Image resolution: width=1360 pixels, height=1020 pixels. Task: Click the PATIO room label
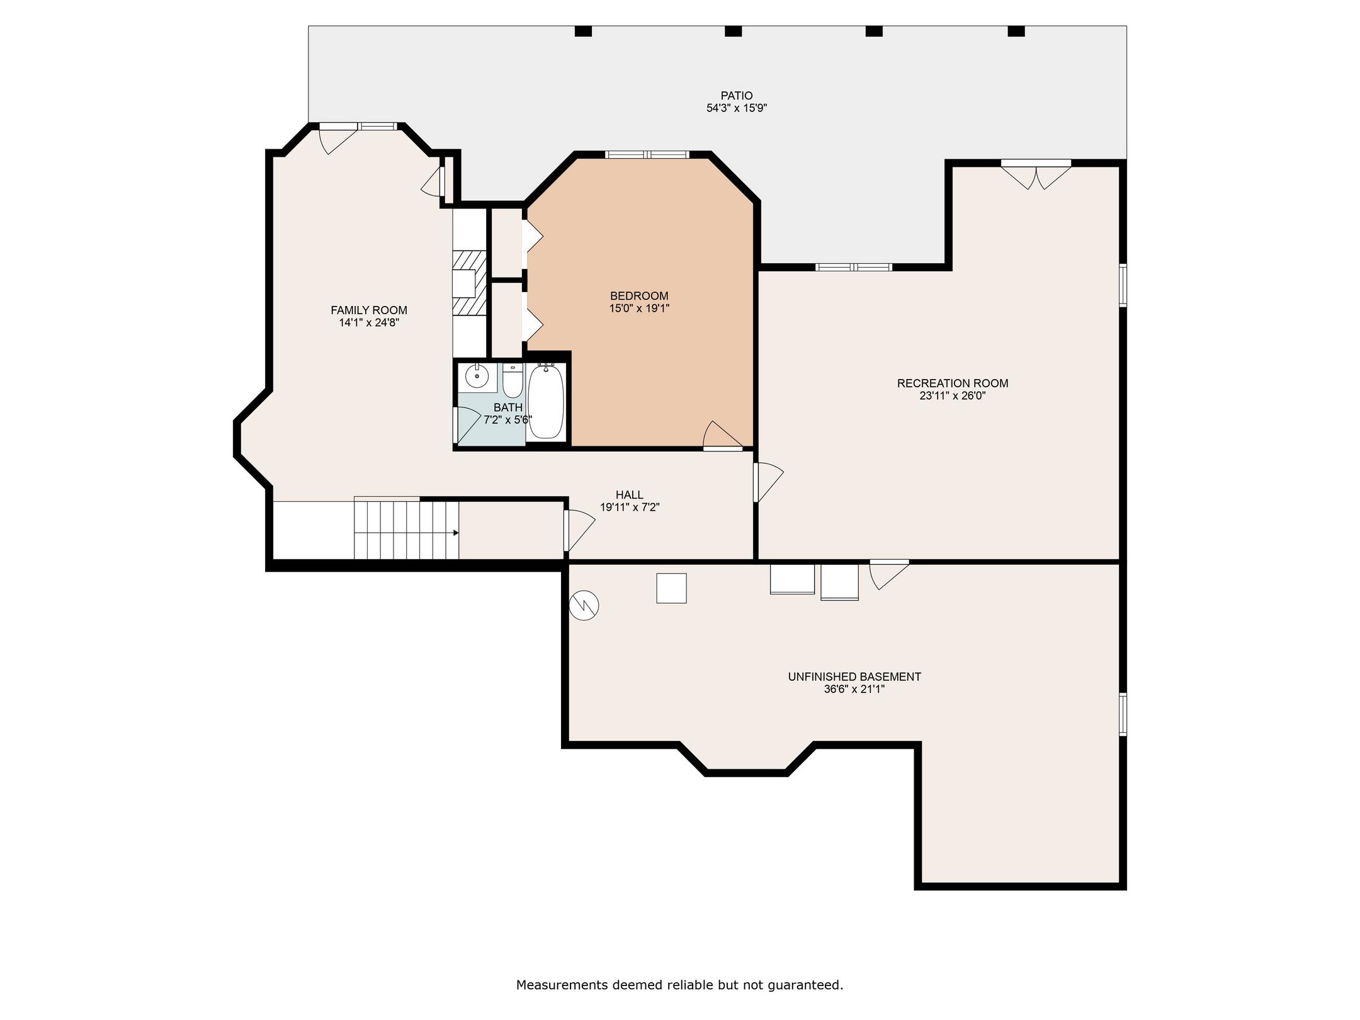[x=736, y=96]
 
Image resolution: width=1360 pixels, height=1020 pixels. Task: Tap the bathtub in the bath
[x=545, y=402]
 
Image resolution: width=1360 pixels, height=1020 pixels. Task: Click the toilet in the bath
[x=513, y=380]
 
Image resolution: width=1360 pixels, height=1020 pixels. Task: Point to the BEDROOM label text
[x=639, y=296]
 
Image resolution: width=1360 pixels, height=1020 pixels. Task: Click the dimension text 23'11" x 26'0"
[x=952, y=396]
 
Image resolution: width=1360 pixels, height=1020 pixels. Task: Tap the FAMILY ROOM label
[x=369, y=310]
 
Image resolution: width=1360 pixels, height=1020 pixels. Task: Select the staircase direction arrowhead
[x=456, y=533]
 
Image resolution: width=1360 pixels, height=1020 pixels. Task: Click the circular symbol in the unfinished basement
[x=584, y=606]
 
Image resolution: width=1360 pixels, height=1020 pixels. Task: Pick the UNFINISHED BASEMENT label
[x=854, y=677]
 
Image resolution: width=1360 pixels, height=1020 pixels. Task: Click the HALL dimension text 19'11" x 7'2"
[x=630, y=507]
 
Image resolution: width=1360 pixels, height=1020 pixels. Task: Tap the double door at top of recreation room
[x=1036, y=176]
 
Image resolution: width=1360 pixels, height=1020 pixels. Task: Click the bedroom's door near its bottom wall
[x=723, y=436]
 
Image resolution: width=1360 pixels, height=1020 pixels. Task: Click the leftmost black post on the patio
[x=584, y=31]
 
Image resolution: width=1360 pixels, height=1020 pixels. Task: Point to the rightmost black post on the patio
[x=1016, y=31]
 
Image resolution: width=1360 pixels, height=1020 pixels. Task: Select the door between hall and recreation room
[x=768, y=483]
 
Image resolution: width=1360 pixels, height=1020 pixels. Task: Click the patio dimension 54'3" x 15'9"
[x=737, y=108]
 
